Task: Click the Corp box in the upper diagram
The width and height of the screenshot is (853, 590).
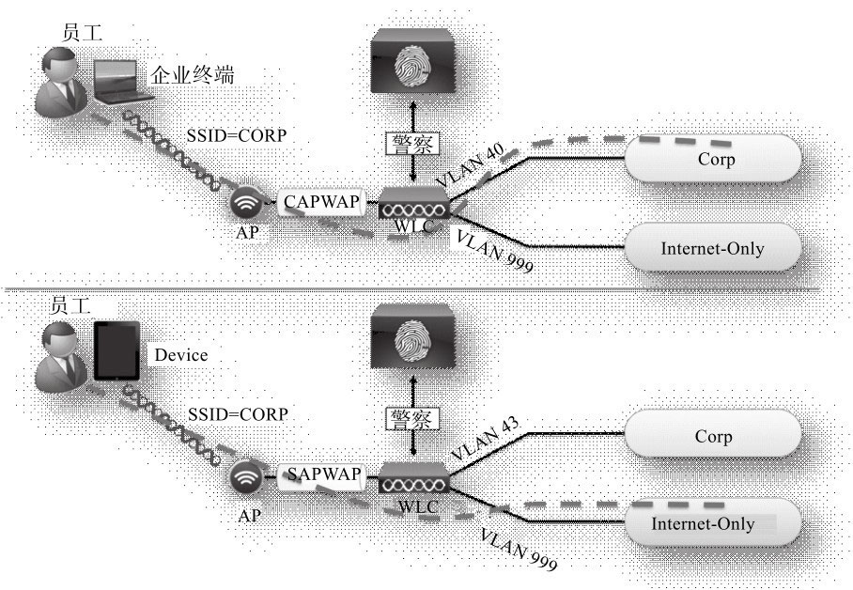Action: coord(716,160)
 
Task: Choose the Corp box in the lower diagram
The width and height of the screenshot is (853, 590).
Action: coord(713,437)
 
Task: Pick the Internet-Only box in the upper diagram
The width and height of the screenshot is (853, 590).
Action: coord(712,249)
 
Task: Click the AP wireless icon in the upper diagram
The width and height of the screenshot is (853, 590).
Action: coord(247,203)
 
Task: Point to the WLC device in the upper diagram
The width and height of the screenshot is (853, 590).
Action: coord(414,205)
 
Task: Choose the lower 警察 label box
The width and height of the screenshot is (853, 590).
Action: coord(414,419)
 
